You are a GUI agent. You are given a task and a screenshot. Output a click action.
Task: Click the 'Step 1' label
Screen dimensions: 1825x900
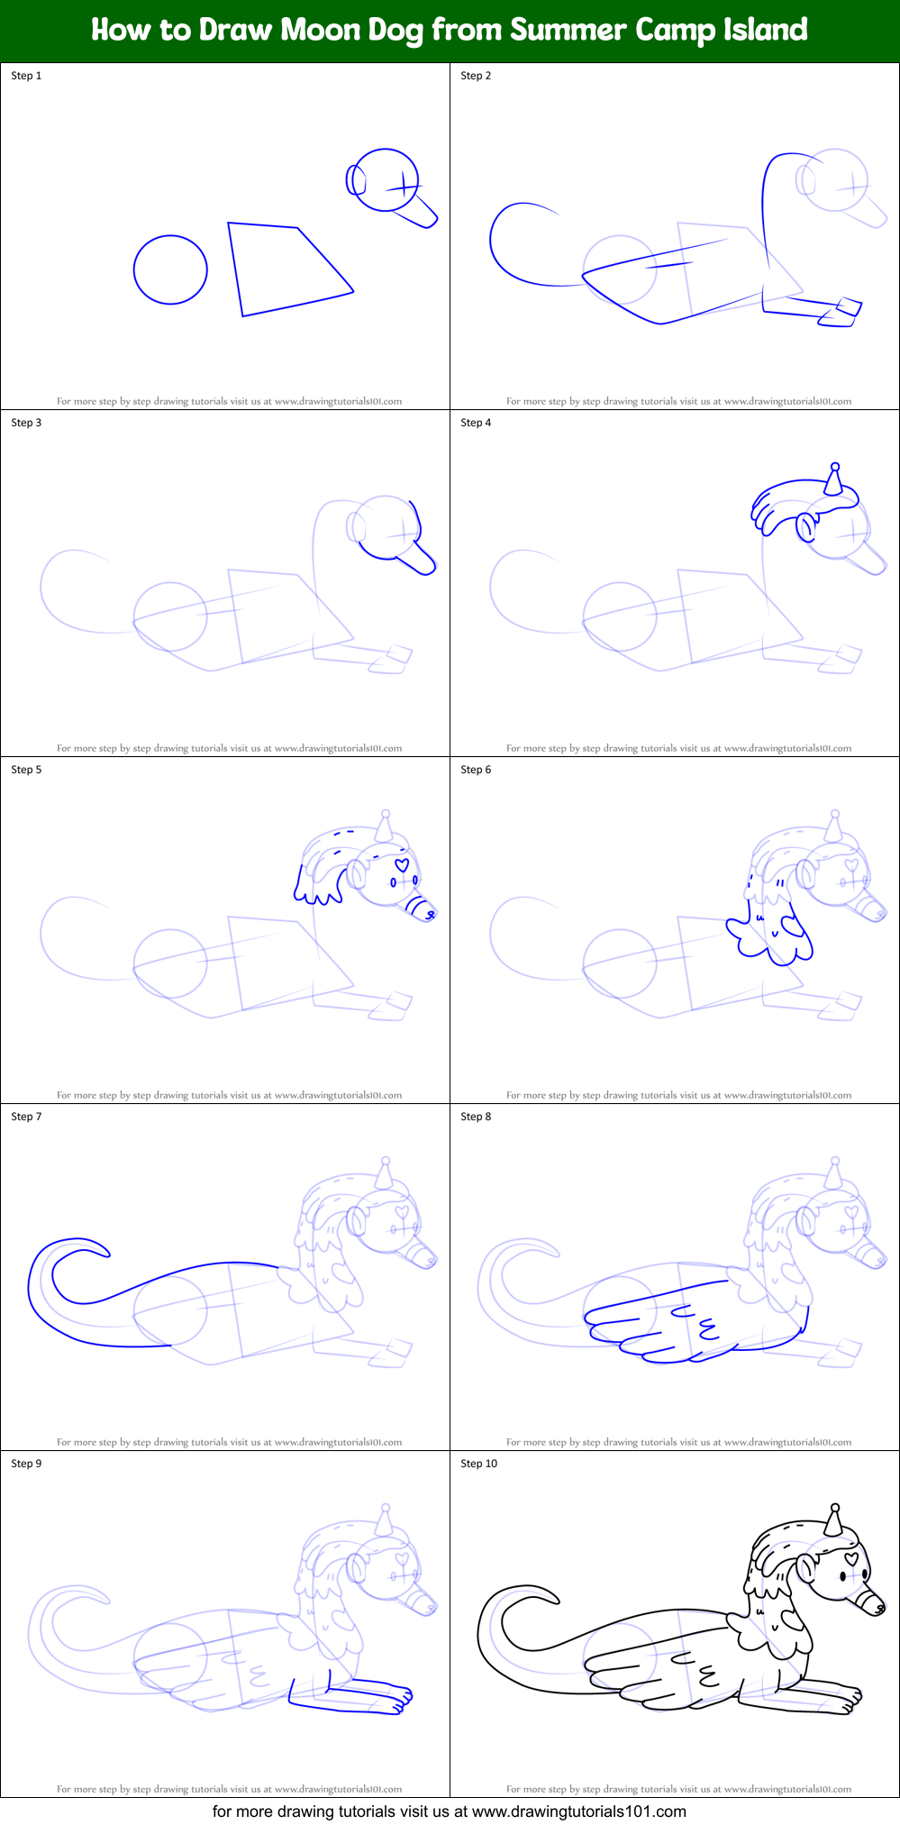(26, 76)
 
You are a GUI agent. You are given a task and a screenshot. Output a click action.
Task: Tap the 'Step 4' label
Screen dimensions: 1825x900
(476, 423)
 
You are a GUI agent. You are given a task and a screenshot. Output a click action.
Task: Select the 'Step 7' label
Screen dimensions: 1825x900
(26, 1117)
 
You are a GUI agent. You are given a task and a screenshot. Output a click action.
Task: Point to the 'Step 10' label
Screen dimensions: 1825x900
(478, 1464)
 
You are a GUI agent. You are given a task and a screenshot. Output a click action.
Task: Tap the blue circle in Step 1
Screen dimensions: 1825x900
(170, 269)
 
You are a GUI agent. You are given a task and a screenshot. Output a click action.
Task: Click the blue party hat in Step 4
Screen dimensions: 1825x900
(834, 479)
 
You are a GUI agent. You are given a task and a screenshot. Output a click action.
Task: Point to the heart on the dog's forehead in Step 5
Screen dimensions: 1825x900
(402, 864)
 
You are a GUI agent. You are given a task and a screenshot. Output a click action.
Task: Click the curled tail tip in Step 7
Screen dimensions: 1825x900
(90, 1248)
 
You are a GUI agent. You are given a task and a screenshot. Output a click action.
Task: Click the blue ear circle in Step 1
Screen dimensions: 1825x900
(357, 180)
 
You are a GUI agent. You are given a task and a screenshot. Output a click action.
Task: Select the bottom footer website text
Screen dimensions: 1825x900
(449, 1811)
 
